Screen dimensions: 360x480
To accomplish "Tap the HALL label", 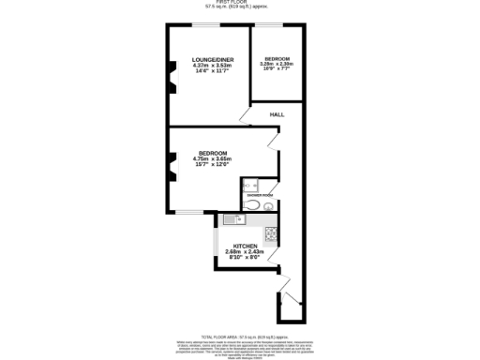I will [x=277, y=114].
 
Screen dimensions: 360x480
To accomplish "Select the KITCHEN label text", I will [x=246, y=246].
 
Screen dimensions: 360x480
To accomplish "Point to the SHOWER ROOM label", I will [x=261, y=194].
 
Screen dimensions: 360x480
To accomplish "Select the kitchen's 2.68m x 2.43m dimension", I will [x=246, y=251].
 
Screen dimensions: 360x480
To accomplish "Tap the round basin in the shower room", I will [x=269, y=207].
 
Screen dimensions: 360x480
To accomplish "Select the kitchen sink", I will [x=234, y=219].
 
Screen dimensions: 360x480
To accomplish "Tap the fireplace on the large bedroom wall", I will [x=172, y=172].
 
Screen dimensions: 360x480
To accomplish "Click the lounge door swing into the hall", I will [x=245, y=117].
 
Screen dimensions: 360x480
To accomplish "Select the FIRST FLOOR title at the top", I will [x=239, y=3].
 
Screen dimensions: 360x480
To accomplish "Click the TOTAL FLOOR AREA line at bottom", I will [x=239, y=335].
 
